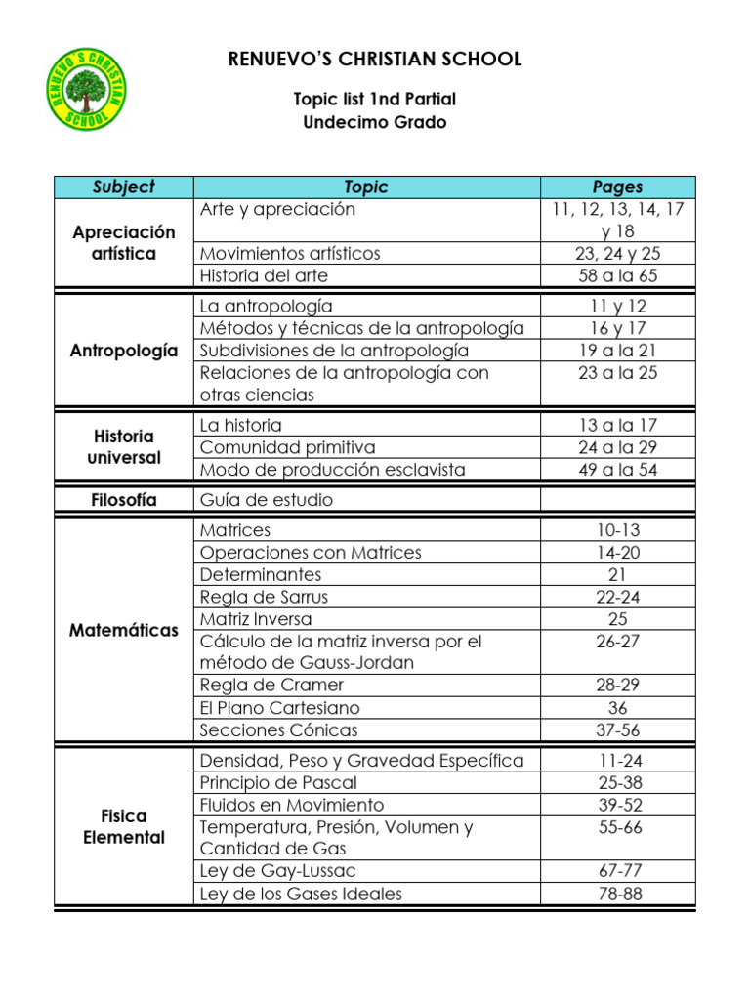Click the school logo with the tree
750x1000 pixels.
click(88, 89)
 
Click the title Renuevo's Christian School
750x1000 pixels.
click(375, 60)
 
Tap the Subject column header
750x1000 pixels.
click(124, 187)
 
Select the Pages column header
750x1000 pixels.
click(617, 187)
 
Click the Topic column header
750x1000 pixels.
click(366, 187)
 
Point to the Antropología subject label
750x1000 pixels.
click(124, 351)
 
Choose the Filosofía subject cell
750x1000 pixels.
click(124, 500)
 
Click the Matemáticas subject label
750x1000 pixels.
click(124, 631)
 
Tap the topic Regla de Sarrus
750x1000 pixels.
click(264, 597)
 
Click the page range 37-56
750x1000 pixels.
click(617, 730)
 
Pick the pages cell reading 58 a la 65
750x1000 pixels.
click(617, 275)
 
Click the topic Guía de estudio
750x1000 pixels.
click(267, 500)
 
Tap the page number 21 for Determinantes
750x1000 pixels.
click(617, 574)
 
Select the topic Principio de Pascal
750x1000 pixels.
click(278, 782)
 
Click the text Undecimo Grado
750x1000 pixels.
click(375, 123)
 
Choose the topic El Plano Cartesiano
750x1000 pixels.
click(279, 708)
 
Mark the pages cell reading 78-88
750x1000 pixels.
click(617, 894)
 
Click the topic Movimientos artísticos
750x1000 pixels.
click(290, 253)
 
